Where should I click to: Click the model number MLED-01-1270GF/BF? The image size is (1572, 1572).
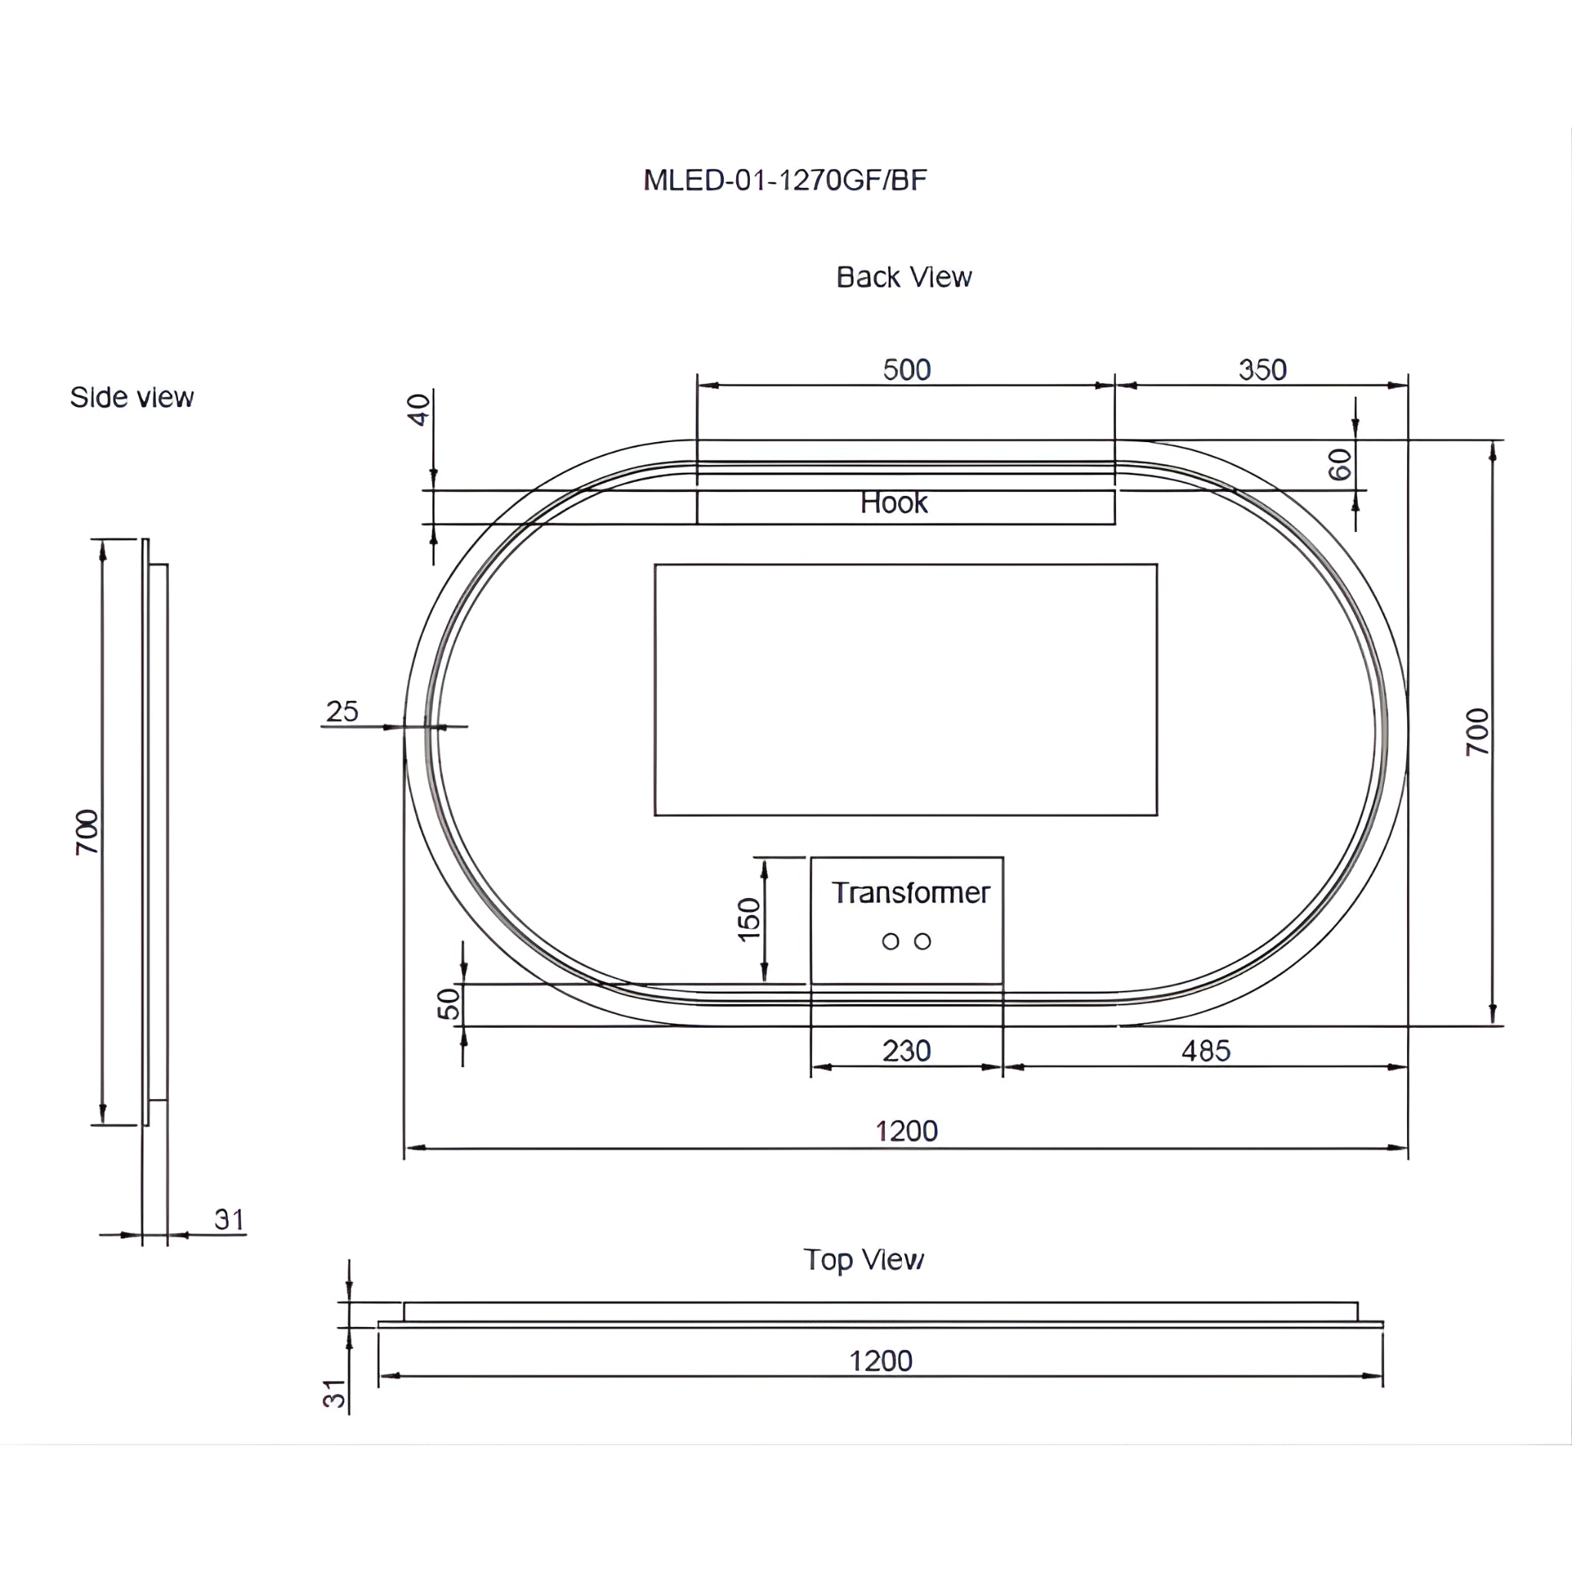click(x=784, y=180)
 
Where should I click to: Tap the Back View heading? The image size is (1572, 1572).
click(x=903, y=277)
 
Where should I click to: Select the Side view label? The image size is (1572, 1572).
click(x=132, y=397)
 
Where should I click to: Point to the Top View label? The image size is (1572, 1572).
click(x=864, y=1260)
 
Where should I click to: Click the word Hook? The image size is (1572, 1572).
click(x=893, y=503)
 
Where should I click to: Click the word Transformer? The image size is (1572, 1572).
click(x=910, y=893)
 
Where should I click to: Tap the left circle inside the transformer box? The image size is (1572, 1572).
click(x=890, y=941)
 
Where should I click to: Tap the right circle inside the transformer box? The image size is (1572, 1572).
click(x=922, y=941)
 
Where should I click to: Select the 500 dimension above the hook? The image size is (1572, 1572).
click(x=907, y=370)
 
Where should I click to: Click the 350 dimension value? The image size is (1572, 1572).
click(x=1262, y=370)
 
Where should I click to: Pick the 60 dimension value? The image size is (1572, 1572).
click(x=1339, y=464)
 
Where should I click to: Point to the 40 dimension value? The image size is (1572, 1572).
click(x=418, y=409)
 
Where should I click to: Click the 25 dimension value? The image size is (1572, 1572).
click(x=342, y=711)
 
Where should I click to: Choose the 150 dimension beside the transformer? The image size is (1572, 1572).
click(x=748, y=920)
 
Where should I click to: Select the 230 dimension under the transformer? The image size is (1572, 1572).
click(x=907, y=1052)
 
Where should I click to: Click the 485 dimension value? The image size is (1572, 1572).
click(x=1205, y=1052)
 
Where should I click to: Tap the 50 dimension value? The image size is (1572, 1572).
click(x=449, y=1003)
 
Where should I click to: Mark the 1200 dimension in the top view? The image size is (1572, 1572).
click(x=880, y=1361)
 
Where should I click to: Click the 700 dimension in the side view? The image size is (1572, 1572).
click(x=87, y=831)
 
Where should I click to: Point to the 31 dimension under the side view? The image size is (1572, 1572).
click(x=230, y=1220)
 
